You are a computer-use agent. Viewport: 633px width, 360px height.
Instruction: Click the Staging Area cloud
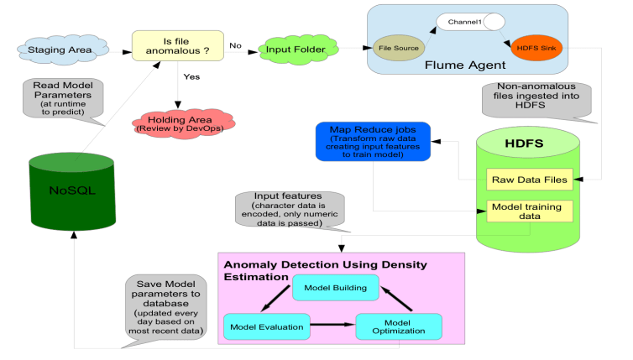[x=53, y=50]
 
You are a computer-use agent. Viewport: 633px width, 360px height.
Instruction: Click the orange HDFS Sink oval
[x=529, y=49]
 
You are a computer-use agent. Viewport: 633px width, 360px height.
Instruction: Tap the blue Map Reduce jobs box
[x=373, y=139]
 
